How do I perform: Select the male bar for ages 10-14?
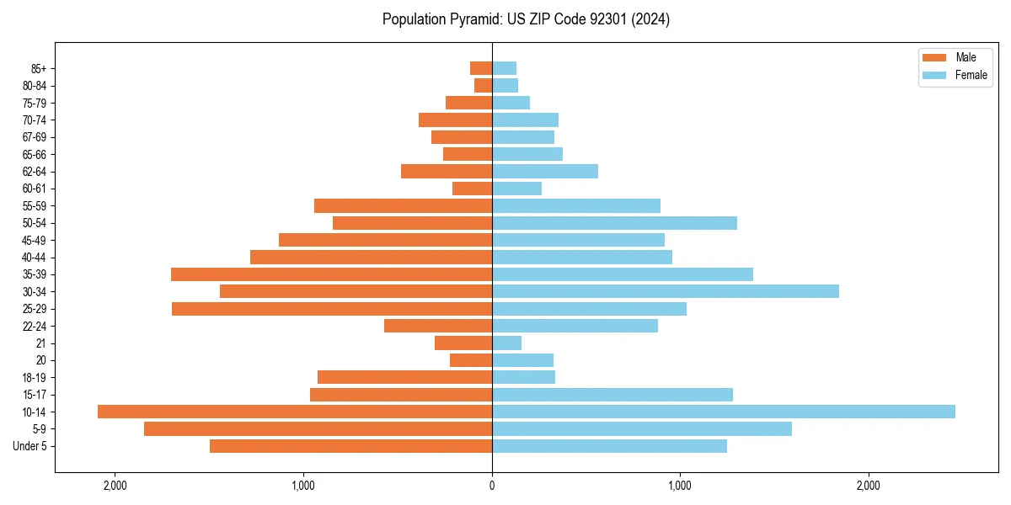295,412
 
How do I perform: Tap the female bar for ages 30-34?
666,291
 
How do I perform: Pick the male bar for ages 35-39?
331,274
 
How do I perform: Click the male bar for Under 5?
350,446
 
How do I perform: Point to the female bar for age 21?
506,343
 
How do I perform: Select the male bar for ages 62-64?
447,171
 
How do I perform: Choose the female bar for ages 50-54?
614,223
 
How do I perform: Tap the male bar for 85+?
481,68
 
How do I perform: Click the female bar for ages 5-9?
642,429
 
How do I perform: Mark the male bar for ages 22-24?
438,326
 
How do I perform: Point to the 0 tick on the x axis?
492,486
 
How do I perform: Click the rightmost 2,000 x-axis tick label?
868,486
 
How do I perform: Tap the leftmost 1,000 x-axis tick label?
303,486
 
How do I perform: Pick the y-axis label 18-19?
35,377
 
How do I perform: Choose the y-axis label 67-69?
35,137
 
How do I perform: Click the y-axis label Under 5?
30,446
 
